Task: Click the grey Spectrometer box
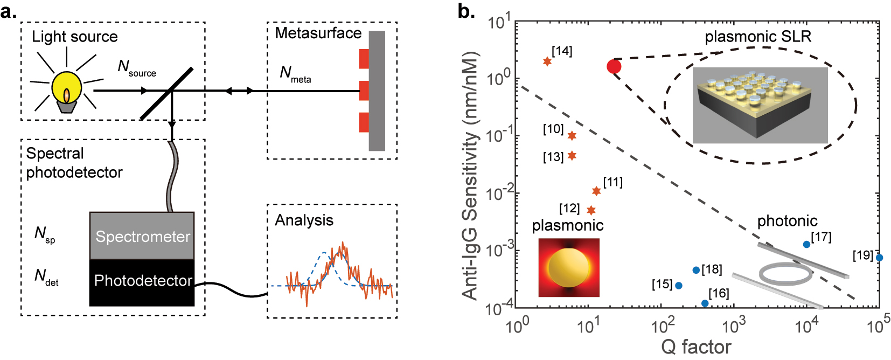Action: click(x=142, y=236)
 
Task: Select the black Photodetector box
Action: click(x=142, y=281)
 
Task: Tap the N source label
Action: click(x=136, y=68)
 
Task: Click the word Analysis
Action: click(x=304, y=220)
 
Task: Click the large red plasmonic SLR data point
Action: click(x=614, y=66)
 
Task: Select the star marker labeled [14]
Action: click(x=547, y=61)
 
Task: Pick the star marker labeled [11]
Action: click(x=596, y=191)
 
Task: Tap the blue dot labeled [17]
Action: click(x=806, y=244)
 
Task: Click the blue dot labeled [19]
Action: click(x=879, y=258)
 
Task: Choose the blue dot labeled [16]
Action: click(x=705, y=303)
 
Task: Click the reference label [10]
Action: click(x=553, y=129)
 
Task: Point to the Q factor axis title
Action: click(x=696, y=347)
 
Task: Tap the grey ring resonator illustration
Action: click(x=785, y=273)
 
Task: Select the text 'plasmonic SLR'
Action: click(x=757, y=37)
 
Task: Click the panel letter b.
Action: click(x=466, y=11)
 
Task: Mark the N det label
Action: click(x=46, y=277)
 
